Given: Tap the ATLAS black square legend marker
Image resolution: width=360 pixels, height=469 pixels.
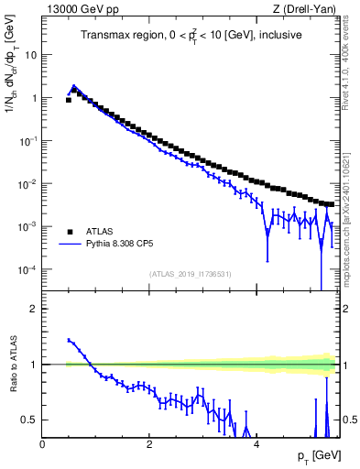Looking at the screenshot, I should pos(69,231).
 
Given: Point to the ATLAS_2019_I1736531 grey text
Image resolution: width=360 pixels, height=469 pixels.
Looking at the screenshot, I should pos(191,274).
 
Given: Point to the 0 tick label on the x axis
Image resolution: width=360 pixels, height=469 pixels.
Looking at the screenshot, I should pos(43,444).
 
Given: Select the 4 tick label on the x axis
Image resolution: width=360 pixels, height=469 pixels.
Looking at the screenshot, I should pos(256,444).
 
